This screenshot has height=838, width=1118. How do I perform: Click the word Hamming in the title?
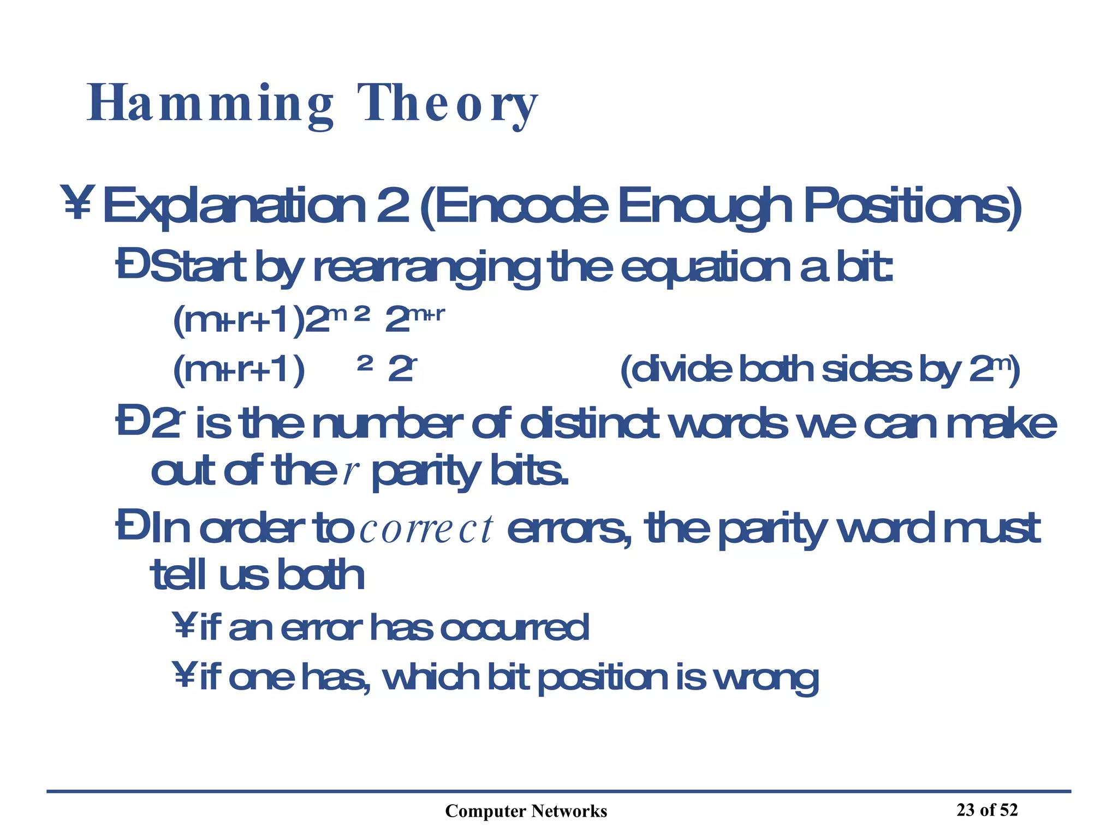pos(210,104)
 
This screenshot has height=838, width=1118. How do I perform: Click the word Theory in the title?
pos(448,104)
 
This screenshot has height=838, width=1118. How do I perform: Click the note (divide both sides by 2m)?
pos(819,370)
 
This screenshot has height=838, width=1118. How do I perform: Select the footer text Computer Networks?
pos(526,811)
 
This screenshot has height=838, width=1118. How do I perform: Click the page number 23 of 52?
pos(987,810)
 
